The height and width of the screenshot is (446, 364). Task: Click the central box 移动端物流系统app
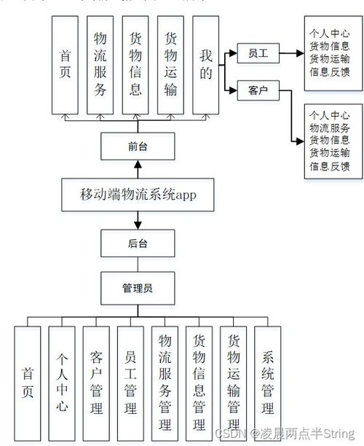138,195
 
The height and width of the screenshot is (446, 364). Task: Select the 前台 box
138,146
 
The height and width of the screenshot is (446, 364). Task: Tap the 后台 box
138,242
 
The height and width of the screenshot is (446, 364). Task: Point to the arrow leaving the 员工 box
291,53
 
